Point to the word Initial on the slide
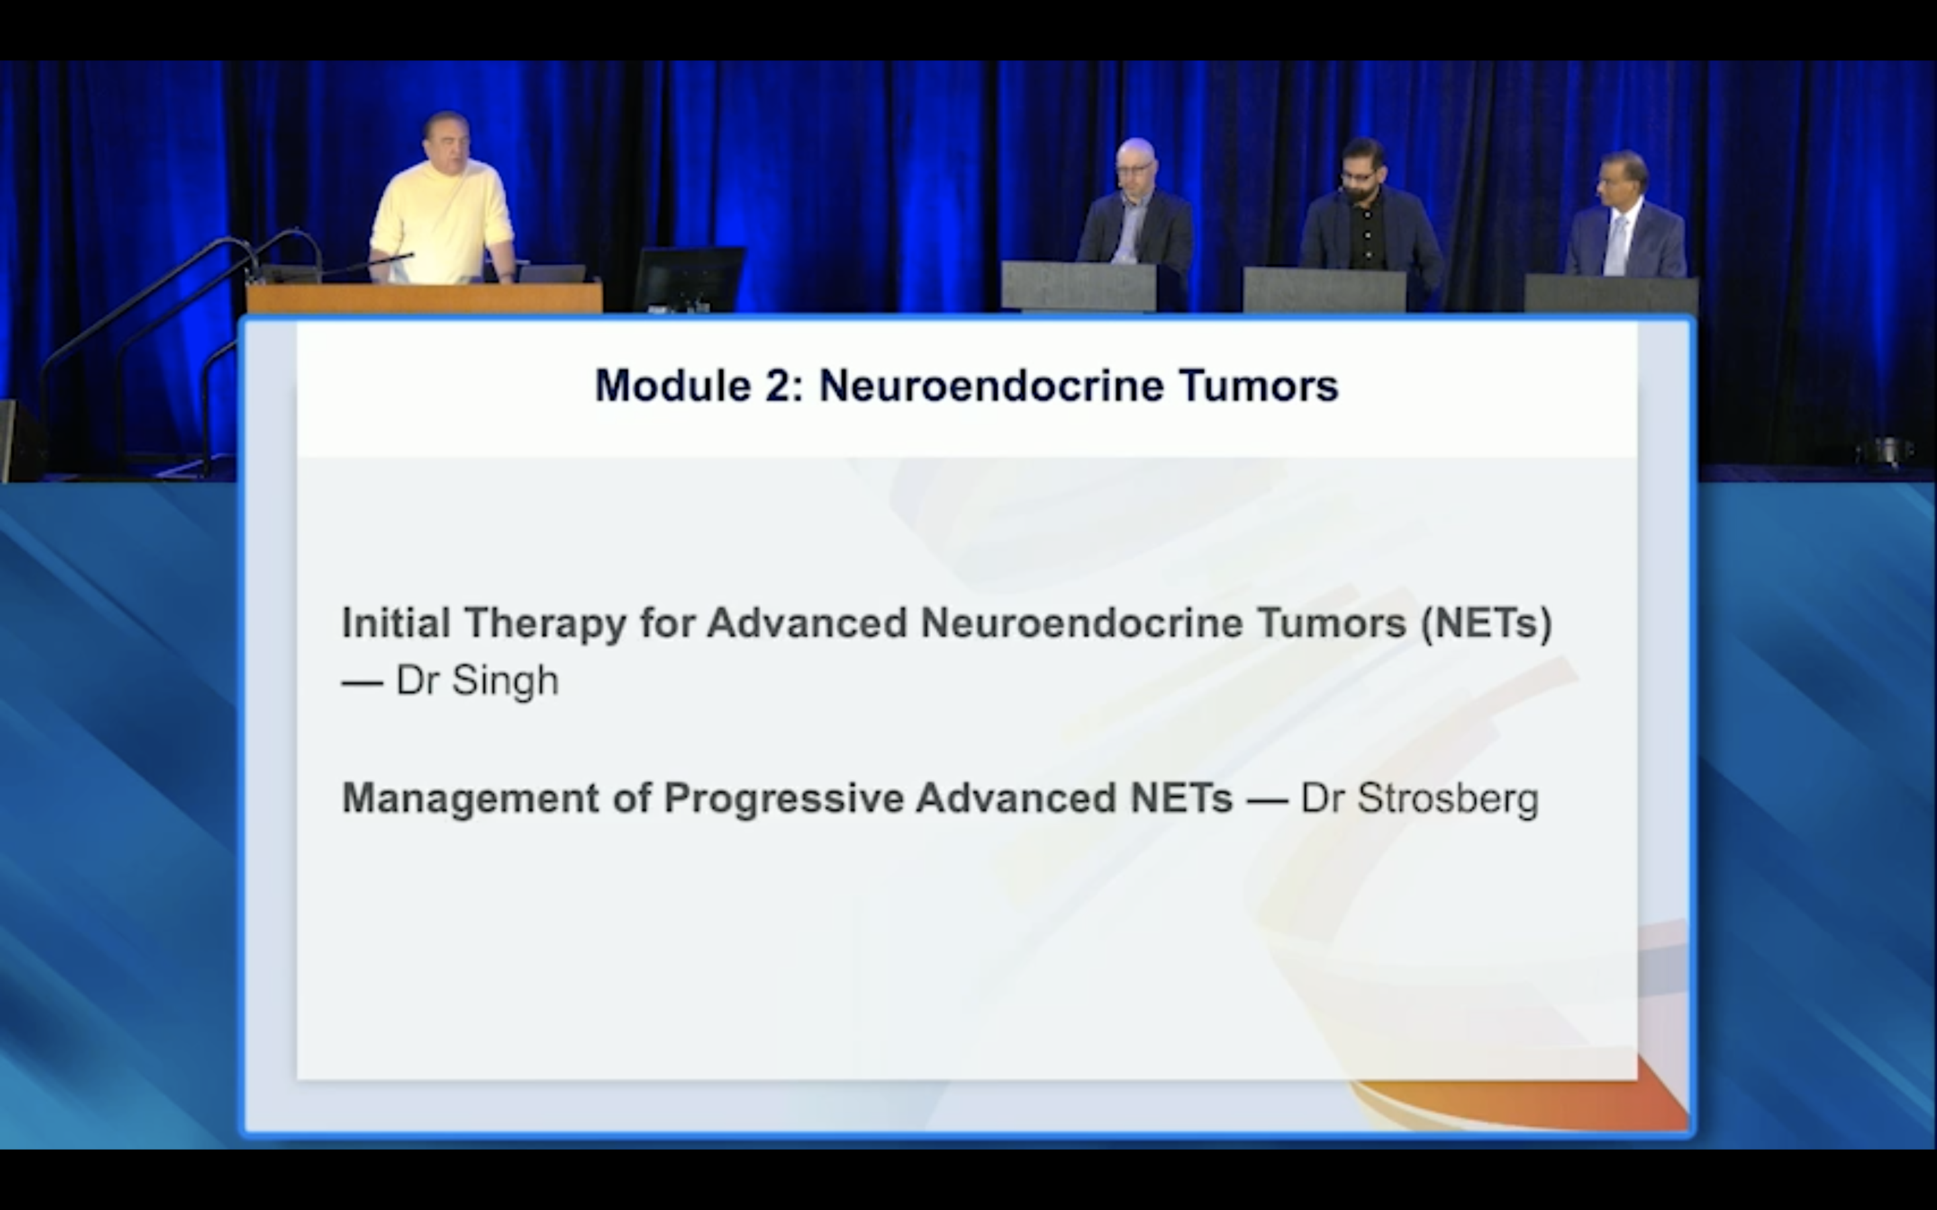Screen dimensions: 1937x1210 (395, 622)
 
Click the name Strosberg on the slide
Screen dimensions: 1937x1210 (1448, 799)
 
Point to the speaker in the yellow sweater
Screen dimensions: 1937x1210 (442, 200)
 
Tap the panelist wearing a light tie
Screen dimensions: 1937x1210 (1625, 216)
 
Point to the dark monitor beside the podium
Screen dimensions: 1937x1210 (688, 278)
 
